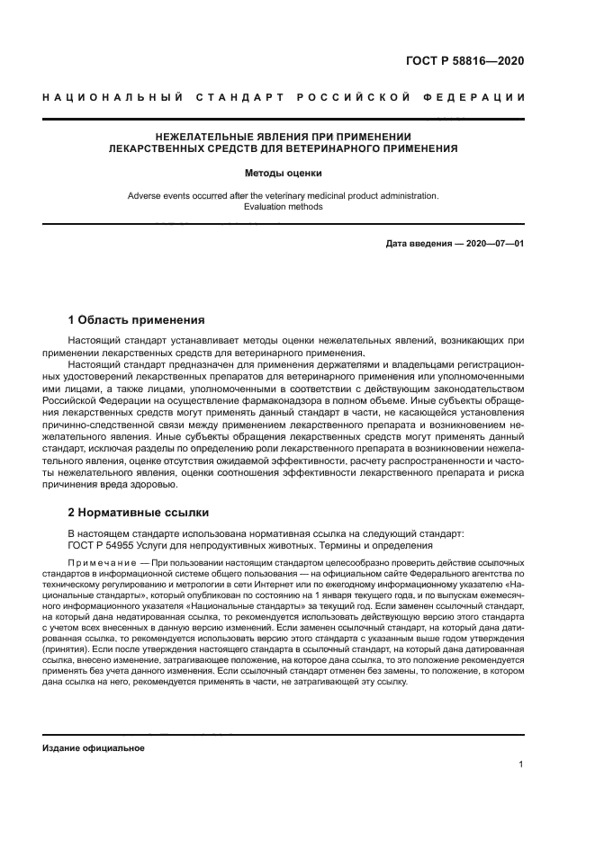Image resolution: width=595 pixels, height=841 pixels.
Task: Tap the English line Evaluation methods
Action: click(284, 207)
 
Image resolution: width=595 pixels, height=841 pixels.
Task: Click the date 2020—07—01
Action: click(491, 244)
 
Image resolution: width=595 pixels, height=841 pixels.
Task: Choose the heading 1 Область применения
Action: click(137, 319)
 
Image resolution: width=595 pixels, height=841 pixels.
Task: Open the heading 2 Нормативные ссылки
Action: click(139, 513)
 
